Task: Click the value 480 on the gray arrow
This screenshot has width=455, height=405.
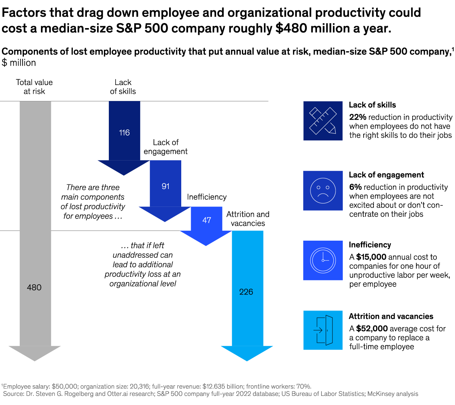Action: coord(34,287)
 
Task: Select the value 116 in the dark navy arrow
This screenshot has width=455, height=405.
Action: coord(124,132)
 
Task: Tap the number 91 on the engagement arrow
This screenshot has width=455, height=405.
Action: coord(165,186)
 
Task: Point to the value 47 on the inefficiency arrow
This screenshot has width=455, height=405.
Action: coord(206,220)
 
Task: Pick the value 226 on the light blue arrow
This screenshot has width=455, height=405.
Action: coord(246,292)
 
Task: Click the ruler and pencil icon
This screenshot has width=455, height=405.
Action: coord(323,121)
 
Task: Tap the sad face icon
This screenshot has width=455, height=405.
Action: coord(323,191)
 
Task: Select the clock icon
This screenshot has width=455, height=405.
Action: coord(323,260)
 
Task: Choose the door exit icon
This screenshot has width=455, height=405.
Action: coord(323,330)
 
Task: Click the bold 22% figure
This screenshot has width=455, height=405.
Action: coord(358,117)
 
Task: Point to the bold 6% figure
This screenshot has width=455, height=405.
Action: coord(355,187)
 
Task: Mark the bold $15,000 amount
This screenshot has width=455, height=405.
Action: coord(371,257)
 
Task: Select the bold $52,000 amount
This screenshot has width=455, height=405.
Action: coord(372,329)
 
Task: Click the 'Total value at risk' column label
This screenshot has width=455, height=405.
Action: coord(34,87)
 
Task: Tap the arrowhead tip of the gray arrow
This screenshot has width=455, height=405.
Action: coord(35,359)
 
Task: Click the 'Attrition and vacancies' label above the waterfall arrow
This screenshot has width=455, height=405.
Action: coord(248,219)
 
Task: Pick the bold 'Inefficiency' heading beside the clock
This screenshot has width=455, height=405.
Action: coord(370,245)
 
